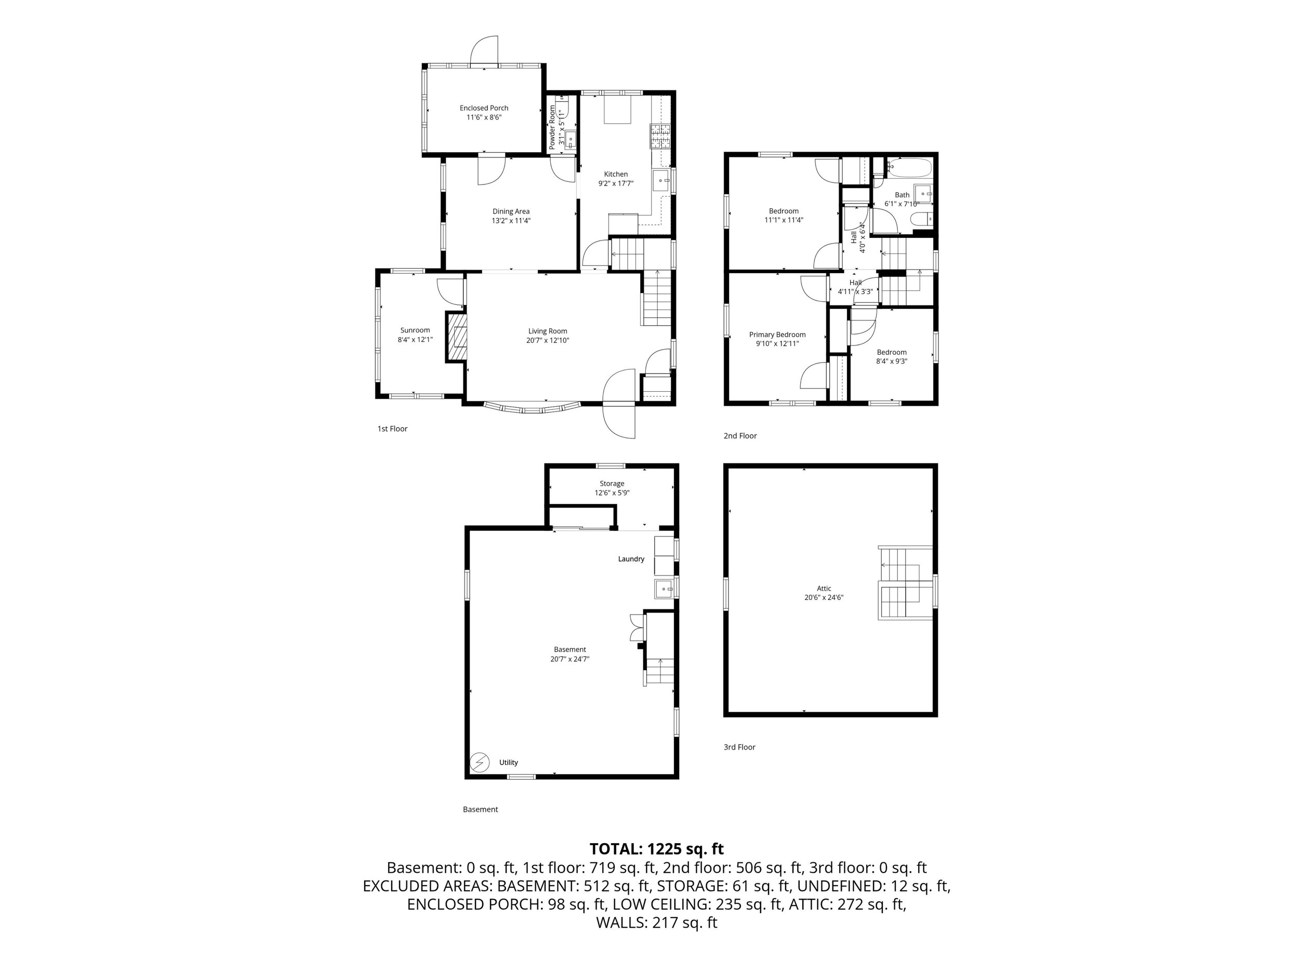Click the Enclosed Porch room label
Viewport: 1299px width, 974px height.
tap(484, 108)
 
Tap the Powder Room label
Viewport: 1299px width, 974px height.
tap(552, 127)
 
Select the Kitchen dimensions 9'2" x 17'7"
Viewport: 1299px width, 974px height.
tap(616, 183)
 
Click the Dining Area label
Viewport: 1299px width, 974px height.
tap(511, 211)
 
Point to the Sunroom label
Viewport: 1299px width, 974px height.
tap(415, 330)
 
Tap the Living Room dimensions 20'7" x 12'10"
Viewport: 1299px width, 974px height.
tap(548, 340)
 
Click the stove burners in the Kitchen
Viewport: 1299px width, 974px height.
tap(660, 136)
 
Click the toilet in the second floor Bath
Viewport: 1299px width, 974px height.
tap(921, 219)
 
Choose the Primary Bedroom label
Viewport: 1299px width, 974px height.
tap(777, 335)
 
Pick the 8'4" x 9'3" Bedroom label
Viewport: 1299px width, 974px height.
tap(892, 357)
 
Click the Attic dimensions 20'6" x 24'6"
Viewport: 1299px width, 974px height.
tap(824, 598)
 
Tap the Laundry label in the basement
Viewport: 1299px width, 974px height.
tap(631, 559)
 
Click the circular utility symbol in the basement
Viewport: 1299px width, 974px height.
tap(480, 762)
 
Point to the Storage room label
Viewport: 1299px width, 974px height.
tap(612, 484)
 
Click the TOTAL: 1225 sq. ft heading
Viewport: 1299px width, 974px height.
tap(657, 849)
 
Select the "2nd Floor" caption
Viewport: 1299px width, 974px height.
tap(740, 436)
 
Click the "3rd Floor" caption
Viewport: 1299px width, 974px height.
tap(739, 747)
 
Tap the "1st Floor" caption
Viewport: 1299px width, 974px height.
tap(392, 429)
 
